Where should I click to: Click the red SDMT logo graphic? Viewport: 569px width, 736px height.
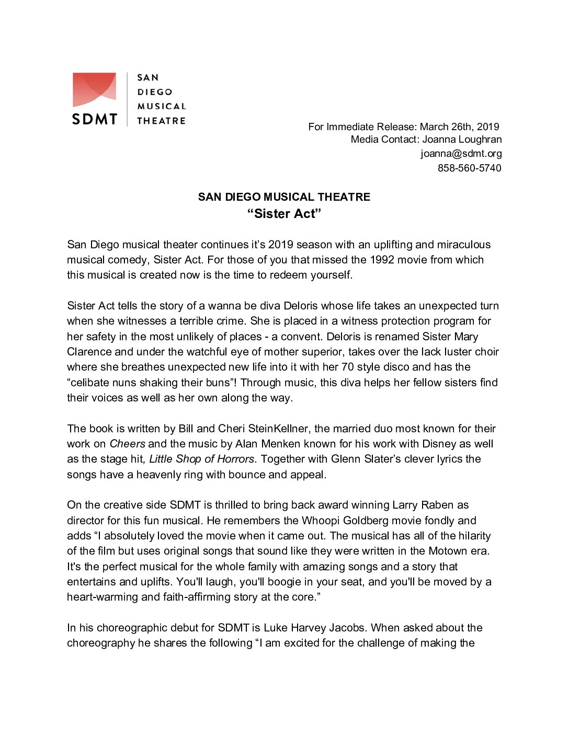[94, 89]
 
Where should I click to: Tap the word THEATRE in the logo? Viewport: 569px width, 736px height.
[161, 121]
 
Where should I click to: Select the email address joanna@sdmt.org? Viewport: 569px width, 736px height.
[461, 154]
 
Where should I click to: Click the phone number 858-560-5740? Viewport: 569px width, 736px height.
[469, 168]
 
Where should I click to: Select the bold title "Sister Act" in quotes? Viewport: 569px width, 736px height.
[284, 213]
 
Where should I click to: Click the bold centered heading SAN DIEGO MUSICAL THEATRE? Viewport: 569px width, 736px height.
[284, 197]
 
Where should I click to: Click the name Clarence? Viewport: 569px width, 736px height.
[89, 352]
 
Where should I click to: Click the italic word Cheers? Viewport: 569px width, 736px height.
[127, 444]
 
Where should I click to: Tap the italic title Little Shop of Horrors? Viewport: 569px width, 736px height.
[201, 459]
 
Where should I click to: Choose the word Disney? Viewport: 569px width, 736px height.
[439, 444]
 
